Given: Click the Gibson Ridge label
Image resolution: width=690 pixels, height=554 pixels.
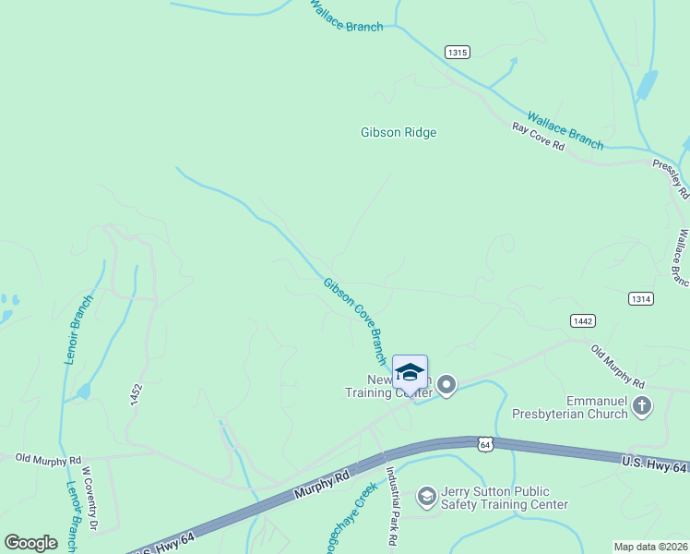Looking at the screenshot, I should tap(398, 132).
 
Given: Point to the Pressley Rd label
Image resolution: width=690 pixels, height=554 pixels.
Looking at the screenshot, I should tap(671, 179).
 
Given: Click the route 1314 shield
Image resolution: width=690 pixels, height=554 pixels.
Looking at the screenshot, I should tap(641, 298).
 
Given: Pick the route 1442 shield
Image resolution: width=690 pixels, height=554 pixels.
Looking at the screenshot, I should tap(582, 320).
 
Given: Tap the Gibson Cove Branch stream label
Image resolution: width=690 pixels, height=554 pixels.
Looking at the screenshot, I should tap(355, 319).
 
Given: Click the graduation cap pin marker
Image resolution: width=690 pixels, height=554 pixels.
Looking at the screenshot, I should tap(410, 373).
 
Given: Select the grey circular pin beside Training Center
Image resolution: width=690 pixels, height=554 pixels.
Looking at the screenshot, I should tap(446, 384).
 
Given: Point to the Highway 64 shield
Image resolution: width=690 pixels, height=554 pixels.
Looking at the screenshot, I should tap(486, 444).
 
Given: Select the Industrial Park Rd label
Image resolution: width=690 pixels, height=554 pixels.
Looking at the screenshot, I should tap(391, 507).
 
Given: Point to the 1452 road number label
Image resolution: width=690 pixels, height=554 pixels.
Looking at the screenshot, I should tap(136, 395).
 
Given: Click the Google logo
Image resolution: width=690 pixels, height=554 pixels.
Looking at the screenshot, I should tap(31, 543).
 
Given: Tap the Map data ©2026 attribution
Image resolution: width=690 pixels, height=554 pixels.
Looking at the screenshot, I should tap(649, 547).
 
